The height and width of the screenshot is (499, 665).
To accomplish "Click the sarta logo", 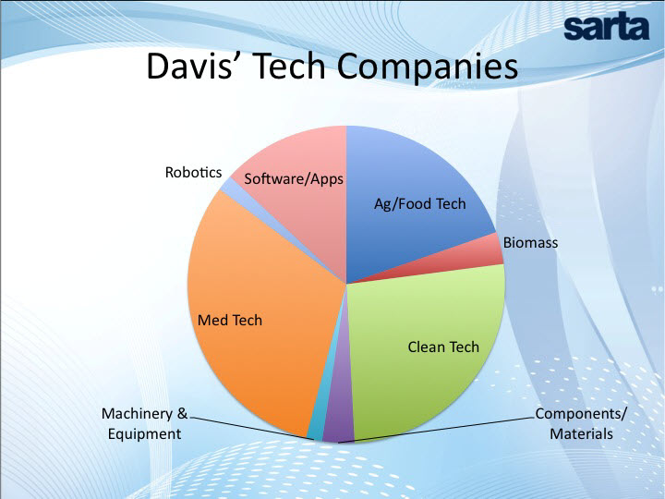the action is (x=607, y=28).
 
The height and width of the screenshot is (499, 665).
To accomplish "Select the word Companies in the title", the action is (x=428, y=67).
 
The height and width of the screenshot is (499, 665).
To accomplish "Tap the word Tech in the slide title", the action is (x=291, y=67).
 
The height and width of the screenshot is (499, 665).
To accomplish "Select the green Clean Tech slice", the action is (x=429, y=348).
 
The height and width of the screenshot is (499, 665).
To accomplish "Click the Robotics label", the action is (x=193, y=172).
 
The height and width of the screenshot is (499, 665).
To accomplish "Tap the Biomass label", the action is (x=530, y=243).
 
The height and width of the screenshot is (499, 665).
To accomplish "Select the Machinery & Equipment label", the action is (x=144, y=423).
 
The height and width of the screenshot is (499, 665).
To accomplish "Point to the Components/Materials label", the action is (x=581, y=423).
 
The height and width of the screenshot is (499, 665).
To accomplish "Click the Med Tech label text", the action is (x=230, y=320).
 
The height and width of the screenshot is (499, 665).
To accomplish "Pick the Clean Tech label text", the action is (x=443, y=347).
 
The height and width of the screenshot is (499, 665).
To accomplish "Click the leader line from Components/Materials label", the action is (x=437, y=430).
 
